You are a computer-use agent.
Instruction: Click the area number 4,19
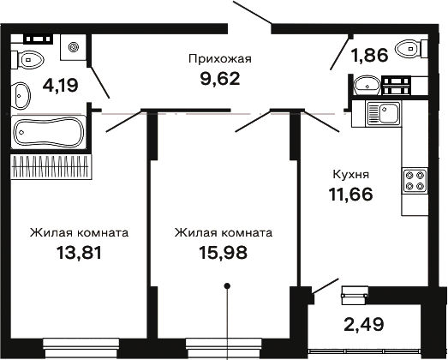pos(60,85)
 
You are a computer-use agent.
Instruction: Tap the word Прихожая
pos(220,59)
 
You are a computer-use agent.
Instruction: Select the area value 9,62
pos(220,79)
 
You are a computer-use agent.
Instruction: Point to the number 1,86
pos(371,55)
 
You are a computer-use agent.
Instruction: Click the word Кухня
pos(351,174)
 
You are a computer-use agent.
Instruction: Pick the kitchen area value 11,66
pos(351,195)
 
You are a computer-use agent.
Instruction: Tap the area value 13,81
pos(79,253)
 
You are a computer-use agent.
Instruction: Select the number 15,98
pos(223,253)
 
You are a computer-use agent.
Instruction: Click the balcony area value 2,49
pos(364,324)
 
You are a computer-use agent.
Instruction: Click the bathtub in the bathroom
pos(49,132)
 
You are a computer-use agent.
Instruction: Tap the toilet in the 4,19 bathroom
pos(27,60)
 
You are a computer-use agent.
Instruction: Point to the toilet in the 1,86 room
pos(412,49)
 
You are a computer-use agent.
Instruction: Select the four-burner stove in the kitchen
pos(415,181)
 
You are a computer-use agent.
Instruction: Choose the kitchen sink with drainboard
pos(383,113)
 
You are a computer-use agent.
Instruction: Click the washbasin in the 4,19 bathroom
pos(21,95)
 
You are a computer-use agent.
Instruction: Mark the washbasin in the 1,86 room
pos(367,85)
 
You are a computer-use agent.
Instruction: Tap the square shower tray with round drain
pos(73,47)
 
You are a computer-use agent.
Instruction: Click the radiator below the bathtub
pos(51,166)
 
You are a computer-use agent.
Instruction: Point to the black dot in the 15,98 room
pos(228,285)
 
